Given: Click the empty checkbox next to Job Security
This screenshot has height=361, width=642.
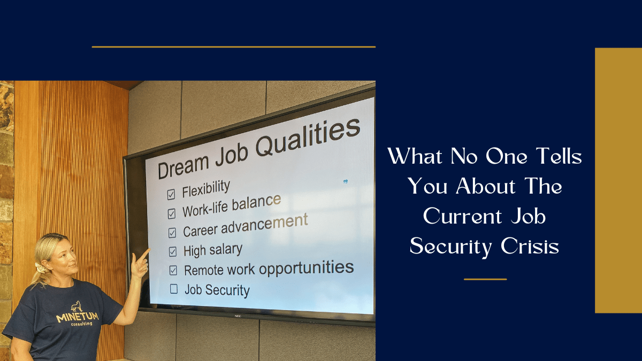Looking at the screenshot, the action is [174, 289].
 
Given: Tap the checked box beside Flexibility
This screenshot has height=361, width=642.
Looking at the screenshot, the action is [171, 194].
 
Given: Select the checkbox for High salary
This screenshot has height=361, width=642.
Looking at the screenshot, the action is [172, 251].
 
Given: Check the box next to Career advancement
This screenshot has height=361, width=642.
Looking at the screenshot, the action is [172, 233].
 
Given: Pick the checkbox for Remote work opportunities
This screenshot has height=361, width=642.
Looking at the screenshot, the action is [173, 270].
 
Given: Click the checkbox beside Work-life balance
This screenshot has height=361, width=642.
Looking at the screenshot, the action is [171, 214].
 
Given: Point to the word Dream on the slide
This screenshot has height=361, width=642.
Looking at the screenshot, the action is [184, 167].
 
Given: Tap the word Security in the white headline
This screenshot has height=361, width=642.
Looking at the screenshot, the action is [450, 247].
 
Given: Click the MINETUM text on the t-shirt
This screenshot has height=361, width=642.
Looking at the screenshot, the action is [78, 317].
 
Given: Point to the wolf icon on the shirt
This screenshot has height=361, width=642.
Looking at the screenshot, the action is [77, 306].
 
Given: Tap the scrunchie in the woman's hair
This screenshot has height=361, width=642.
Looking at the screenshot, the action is [41, 268].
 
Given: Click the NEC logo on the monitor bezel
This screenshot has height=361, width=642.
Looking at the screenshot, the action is [238, 316].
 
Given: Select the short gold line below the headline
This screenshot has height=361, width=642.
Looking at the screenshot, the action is [485, 279].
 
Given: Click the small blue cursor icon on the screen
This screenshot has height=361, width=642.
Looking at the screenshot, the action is [346, 181].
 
